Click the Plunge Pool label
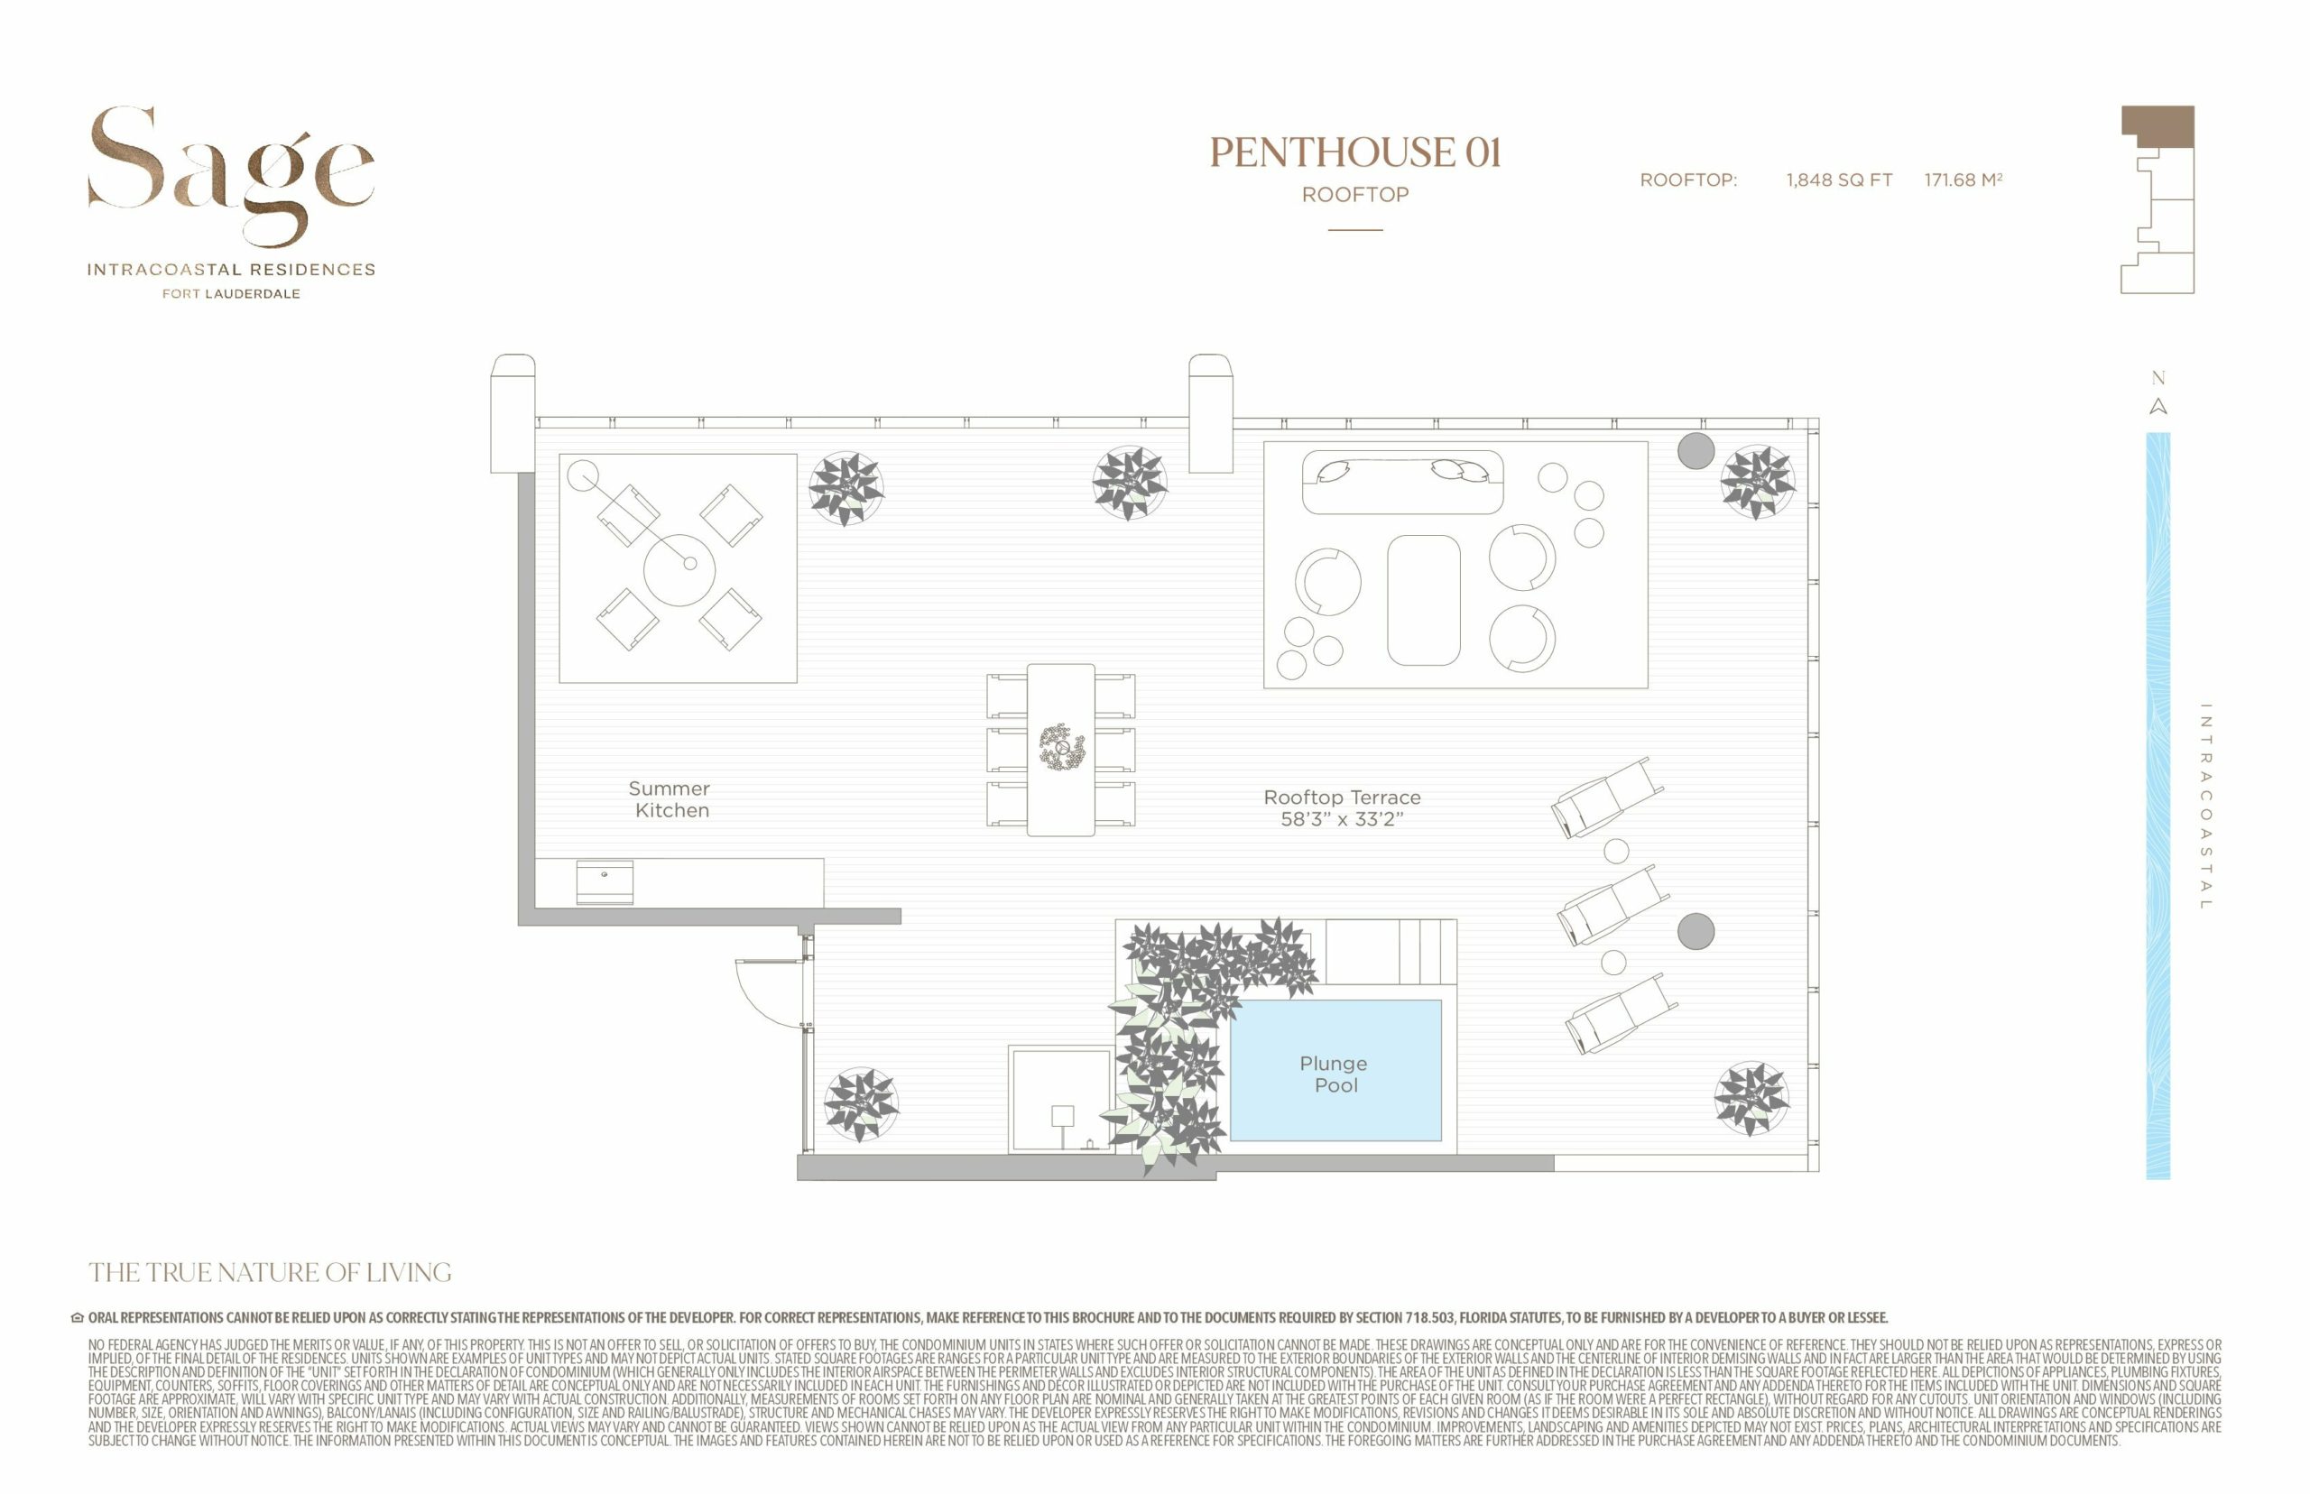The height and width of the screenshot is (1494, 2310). click(x=1334, y=1074)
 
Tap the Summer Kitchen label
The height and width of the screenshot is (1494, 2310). click(x=670, y=799)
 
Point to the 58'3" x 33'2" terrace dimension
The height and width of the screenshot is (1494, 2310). click(x=1342, y=819)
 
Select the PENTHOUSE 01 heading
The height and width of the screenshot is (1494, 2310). click(x=1355, y=152)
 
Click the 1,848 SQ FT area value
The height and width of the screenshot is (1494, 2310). click(x=1840, y=180)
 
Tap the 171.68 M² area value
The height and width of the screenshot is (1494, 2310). click(x=1963, y=180)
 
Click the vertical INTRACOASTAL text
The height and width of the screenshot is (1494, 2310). click(x=2205, y=807)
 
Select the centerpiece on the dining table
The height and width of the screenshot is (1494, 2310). click(x=1062, y=748)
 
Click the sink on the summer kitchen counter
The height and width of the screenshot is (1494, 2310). click(x=605, y=881)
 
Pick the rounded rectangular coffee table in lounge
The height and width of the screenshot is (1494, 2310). click(x=1423, y=600)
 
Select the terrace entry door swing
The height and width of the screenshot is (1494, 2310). click(x=771, y=992)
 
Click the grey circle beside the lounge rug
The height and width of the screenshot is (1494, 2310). click(x=1696, y=450)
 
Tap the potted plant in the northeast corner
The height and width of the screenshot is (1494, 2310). click(x=1757, y=481)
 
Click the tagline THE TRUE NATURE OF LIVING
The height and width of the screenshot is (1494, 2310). click(x=270, y=1272)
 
